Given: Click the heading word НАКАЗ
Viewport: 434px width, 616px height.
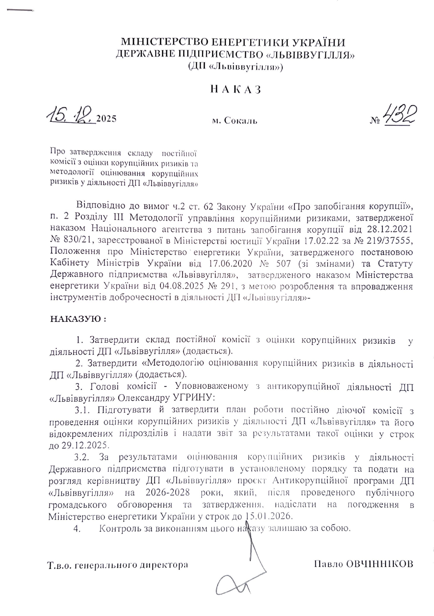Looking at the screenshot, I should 236,90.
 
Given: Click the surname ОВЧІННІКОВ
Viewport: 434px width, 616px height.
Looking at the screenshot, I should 379,564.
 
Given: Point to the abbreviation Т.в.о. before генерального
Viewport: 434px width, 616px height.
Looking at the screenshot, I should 60,565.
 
